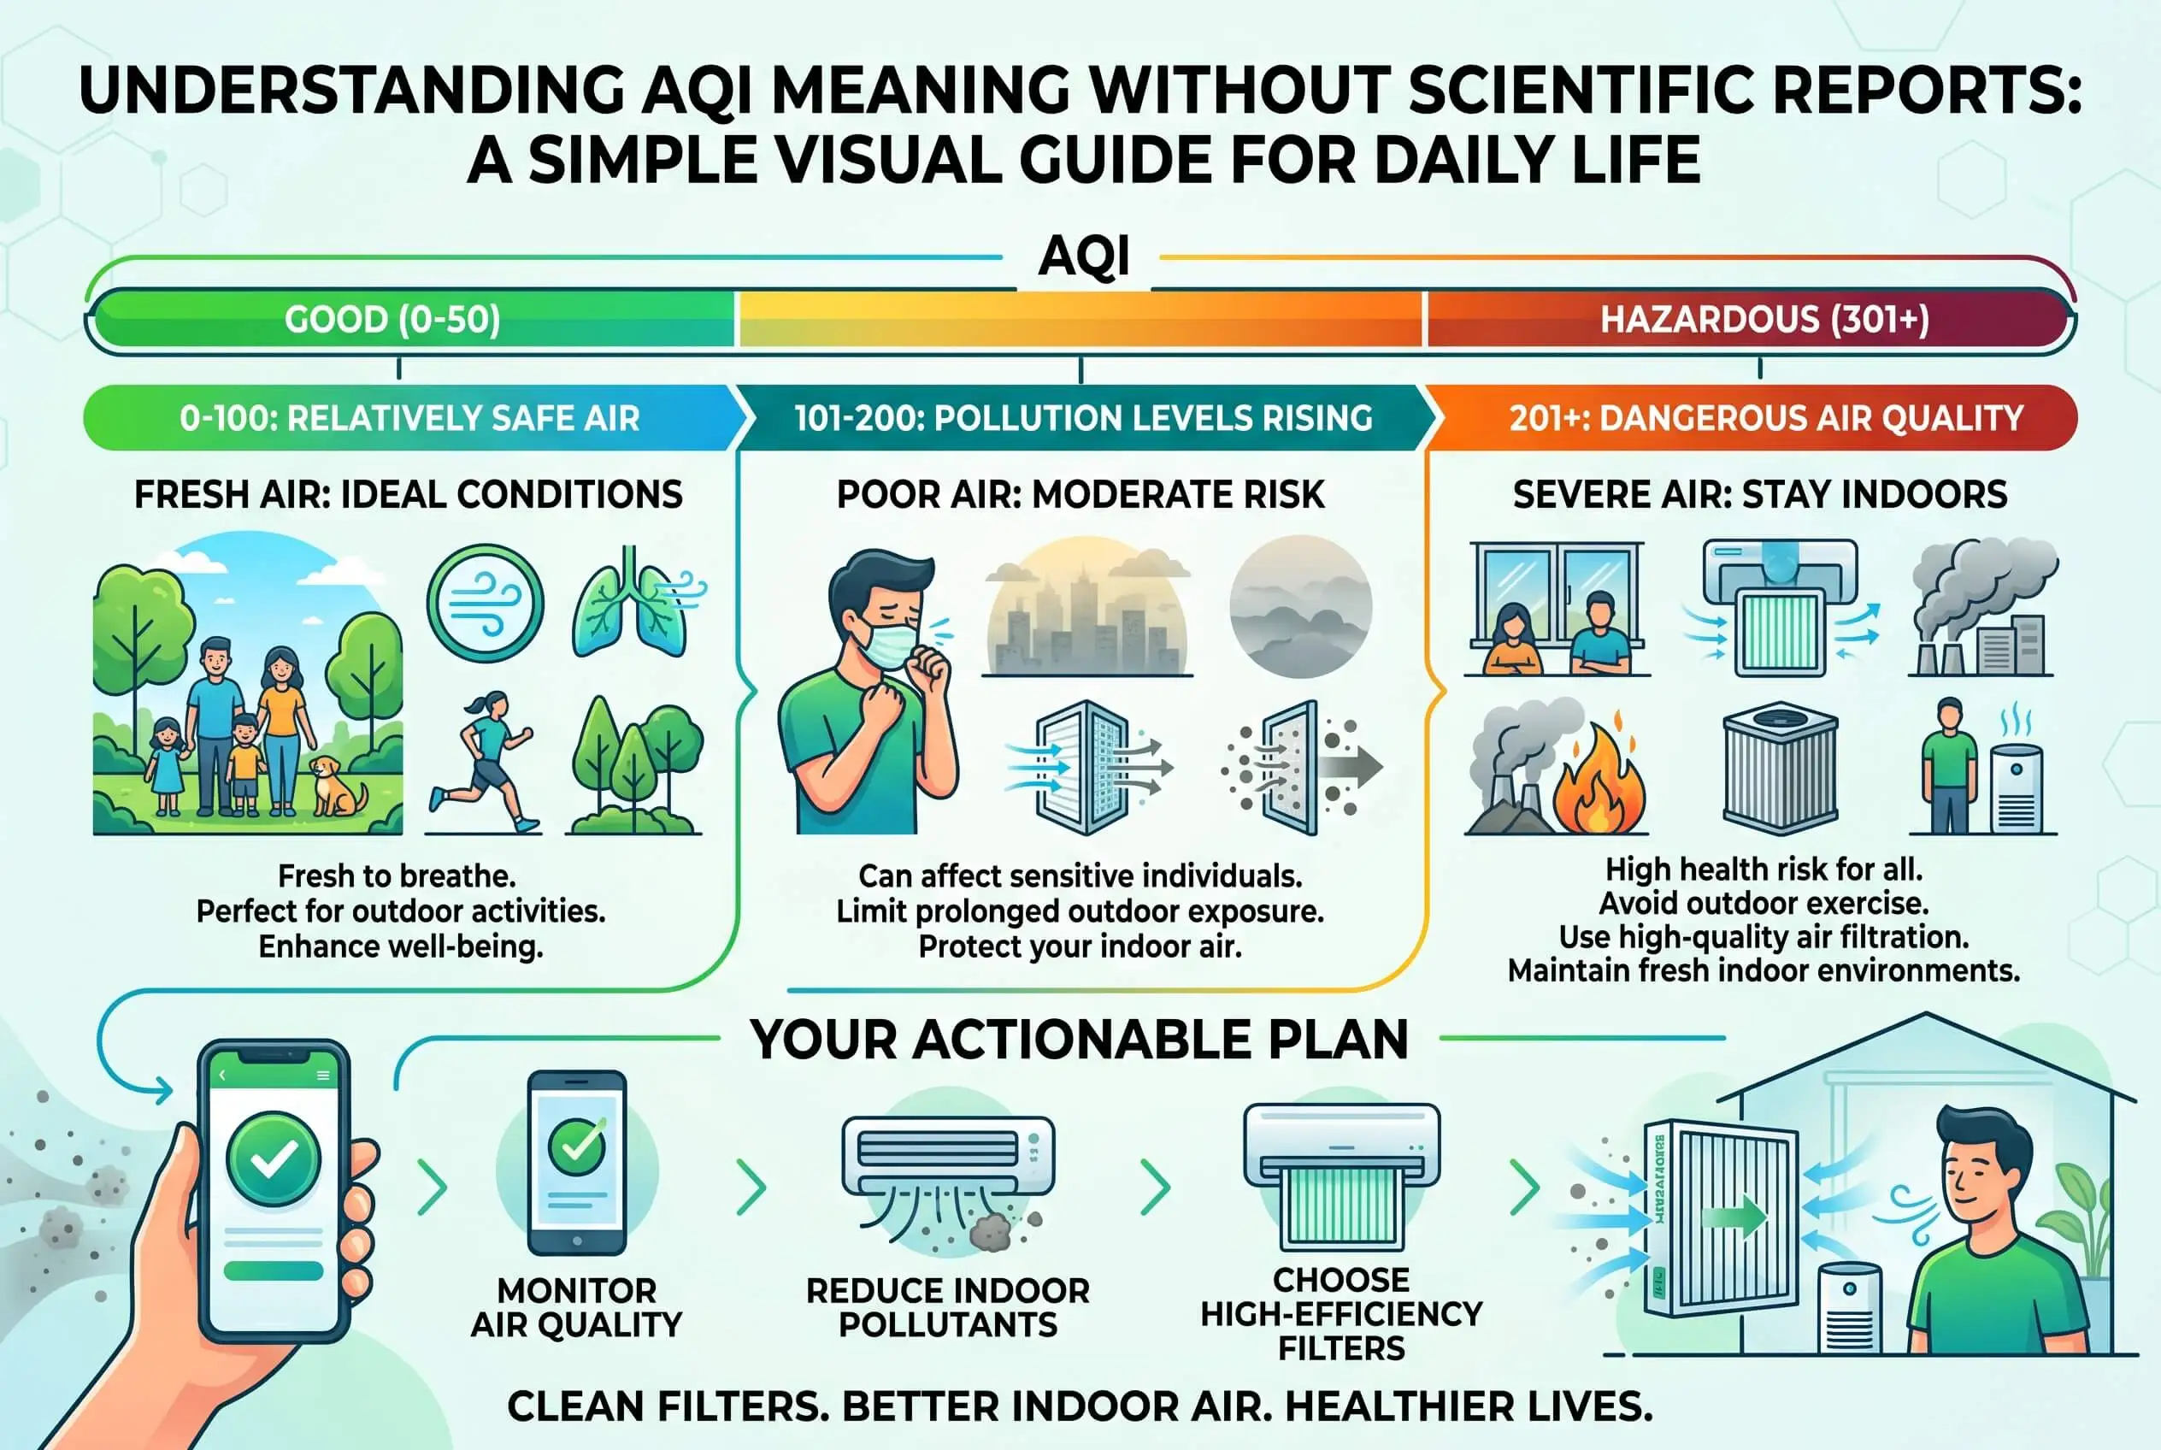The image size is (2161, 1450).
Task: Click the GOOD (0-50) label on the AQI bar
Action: coord(392,319)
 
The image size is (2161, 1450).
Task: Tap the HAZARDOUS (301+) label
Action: coord(1764,319)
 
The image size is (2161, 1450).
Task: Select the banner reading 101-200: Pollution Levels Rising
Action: coord(1083,418)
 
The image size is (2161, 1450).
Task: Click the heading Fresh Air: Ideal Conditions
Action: coord(408,495)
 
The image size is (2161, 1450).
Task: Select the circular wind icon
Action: coord(486,603)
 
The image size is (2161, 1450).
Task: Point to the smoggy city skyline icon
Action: coord(1086,608)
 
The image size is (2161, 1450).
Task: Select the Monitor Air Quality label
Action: coord(576,1307)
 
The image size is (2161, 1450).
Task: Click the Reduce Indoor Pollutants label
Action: coord(948,1307)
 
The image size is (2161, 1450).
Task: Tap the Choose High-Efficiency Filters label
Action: coord(1341,1314)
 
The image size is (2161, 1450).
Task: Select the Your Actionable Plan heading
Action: coord(1079,1040)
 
